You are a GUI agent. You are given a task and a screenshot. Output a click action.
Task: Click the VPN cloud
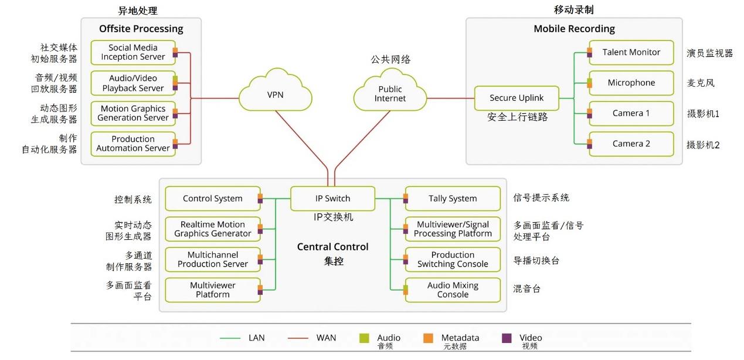(275, 94)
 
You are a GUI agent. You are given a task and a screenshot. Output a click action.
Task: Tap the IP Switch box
(332, 199)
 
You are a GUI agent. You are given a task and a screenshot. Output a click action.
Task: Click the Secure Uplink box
(517, 98)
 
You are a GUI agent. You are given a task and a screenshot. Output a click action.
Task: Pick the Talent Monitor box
(631, 52)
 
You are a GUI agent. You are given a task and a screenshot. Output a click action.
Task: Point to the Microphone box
(631, 83)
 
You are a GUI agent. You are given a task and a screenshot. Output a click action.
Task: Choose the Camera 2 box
(631, 144)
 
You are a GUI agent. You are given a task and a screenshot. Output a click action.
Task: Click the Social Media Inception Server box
(133, 52)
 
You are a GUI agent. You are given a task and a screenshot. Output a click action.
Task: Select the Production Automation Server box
(133, 144)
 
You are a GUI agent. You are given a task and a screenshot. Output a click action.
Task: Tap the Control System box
(212, 199)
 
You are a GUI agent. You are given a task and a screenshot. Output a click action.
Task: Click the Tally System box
(453, 199)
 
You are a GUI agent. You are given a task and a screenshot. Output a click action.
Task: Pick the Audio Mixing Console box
(453, 290)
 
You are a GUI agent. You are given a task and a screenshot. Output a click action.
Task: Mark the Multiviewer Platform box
(212, 290)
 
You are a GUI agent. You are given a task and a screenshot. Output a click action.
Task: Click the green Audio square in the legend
(364, 338)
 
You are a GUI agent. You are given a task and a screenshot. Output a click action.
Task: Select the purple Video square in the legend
(507, 338)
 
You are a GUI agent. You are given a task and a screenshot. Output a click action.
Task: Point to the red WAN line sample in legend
(300, 338)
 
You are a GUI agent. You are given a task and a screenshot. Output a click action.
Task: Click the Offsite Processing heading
(141, 29)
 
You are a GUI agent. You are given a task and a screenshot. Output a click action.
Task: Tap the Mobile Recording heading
(574, 29)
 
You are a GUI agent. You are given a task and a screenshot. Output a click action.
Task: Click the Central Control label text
(332, 247)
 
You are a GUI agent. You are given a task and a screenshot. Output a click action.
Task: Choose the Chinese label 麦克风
(701, 83)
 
